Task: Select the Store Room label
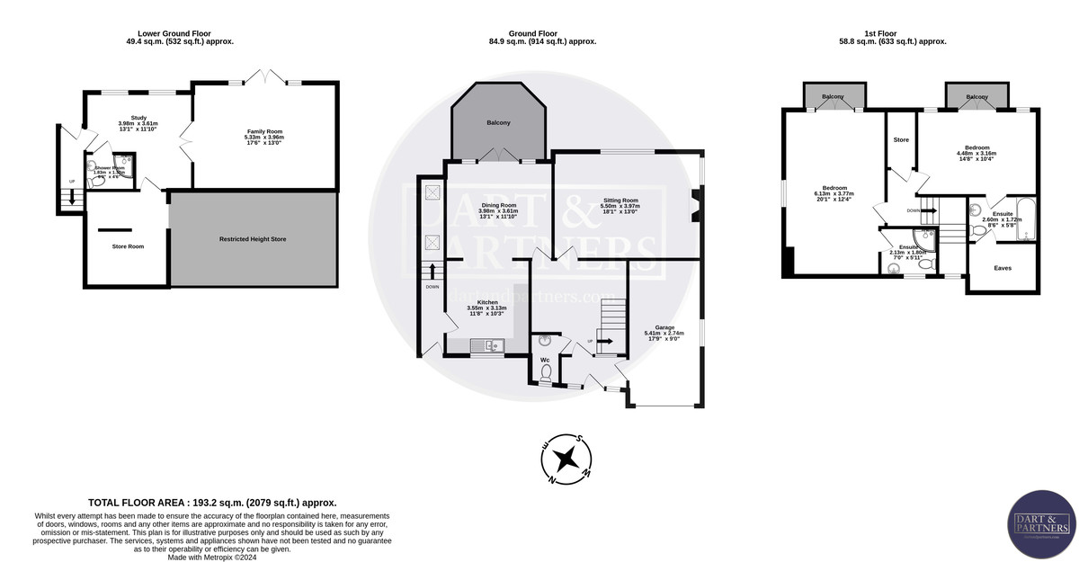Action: tap(127, 245)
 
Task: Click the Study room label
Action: tap(138, 117)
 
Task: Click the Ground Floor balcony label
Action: tap(499, 123)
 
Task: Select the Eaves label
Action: tap(1003, 268)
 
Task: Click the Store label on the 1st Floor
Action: tap(901, 140)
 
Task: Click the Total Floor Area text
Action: tap(212, 503)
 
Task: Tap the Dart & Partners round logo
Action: tap(1040, 524)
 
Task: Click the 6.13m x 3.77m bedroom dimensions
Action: tap(834, 193)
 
